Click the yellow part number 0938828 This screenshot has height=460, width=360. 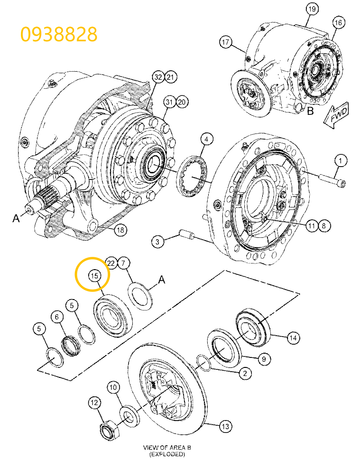[x=59, y=34]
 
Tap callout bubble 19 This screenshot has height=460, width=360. [x=311, y=9]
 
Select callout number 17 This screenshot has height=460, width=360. [x=225, y=43]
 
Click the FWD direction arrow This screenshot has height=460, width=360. [x=336, y=115]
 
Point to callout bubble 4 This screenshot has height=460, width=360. [x=206, y=139]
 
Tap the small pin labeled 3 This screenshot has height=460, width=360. [x=186, y=235]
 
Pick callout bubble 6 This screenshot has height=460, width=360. [x=56, y=317]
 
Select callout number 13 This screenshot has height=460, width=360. [x=225, y=427]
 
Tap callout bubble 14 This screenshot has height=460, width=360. [x=293, y=338]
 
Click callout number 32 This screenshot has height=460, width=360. [x=157, y=77]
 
